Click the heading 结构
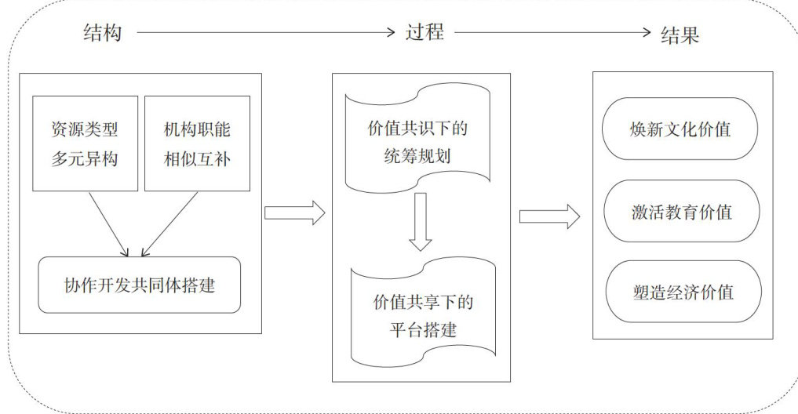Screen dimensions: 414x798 click(x=102, y=33)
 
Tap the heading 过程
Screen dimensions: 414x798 click(x=425, y=33)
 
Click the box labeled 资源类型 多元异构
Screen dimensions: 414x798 click(x=85, y=143)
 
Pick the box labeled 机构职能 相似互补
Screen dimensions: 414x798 click(x=197, y=143)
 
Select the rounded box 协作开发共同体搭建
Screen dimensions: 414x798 click(x=139, y=285)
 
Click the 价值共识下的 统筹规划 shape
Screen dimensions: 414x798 click(x=418, y=141)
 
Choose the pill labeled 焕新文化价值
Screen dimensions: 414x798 click(x=680, y=129)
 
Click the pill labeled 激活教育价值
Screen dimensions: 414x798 click(x=680, y=211)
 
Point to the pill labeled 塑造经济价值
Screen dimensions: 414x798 click(x=680, y=292)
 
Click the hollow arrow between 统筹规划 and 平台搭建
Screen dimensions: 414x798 click(x=421, y=221)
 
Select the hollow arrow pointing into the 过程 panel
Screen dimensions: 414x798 click(x=294, y=212)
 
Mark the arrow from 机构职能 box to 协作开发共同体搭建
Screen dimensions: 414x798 click(x=165, y=224)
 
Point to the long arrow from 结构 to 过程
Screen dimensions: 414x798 click(x=267, y=33)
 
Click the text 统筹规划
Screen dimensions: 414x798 click(x=418, y=157)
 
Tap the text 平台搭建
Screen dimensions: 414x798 click(x=422, y=328)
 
